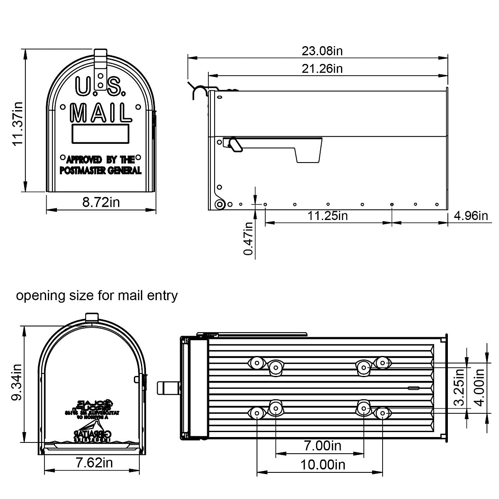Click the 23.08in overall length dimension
coord(322,51)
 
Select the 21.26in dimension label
coord(322,68)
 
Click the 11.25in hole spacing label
coord(328,215)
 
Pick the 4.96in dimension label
coord(471,215)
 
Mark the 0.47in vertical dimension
coord(249,239)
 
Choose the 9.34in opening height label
coord(17,383)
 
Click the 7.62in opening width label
coord(94,462)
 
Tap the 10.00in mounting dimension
coord(323,464)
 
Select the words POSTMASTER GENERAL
coord(101,170)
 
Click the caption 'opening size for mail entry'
coord(97,296)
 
